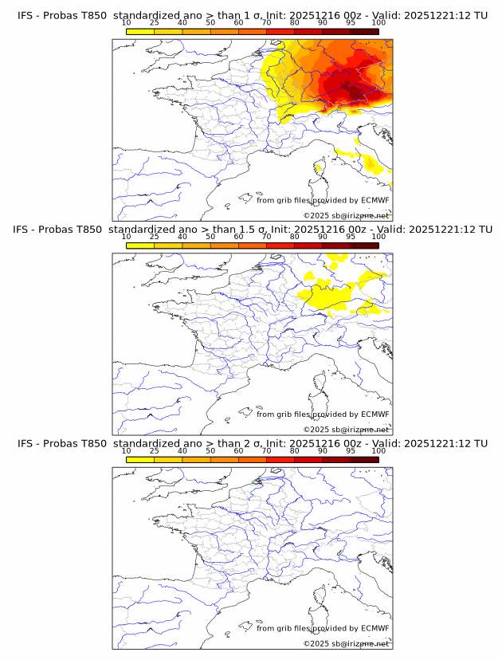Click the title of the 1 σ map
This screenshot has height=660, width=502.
[x=252, y=15]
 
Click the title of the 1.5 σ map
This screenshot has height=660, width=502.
[x=252, y=230]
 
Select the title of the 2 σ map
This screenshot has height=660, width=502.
[x=252, y=443]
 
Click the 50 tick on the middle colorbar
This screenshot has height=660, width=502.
[x=210, y=237]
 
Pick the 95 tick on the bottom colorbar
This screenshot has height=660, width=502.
[x=351, y=450]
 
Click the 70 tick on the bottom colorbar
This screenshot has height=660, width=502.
[x=266, y=450]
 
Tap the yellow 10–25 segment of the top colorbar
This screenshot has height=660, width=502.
[x=140, y=31]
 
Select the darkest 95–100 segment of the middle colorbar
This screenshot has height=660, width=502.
[x=364, y=246]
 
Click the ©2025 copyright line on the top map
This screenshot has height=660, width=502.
[x=346, y=215]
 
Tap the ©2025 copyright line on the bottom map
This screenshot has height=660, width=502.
[x=346, y=643]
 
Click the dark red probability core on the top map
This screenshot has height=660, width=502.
[x=351, y=88]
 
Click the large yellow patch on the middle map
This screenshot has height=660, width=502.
[x=327, y=295]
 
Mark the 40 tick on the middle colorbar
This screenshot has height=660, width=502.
[x=182, y=237]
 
